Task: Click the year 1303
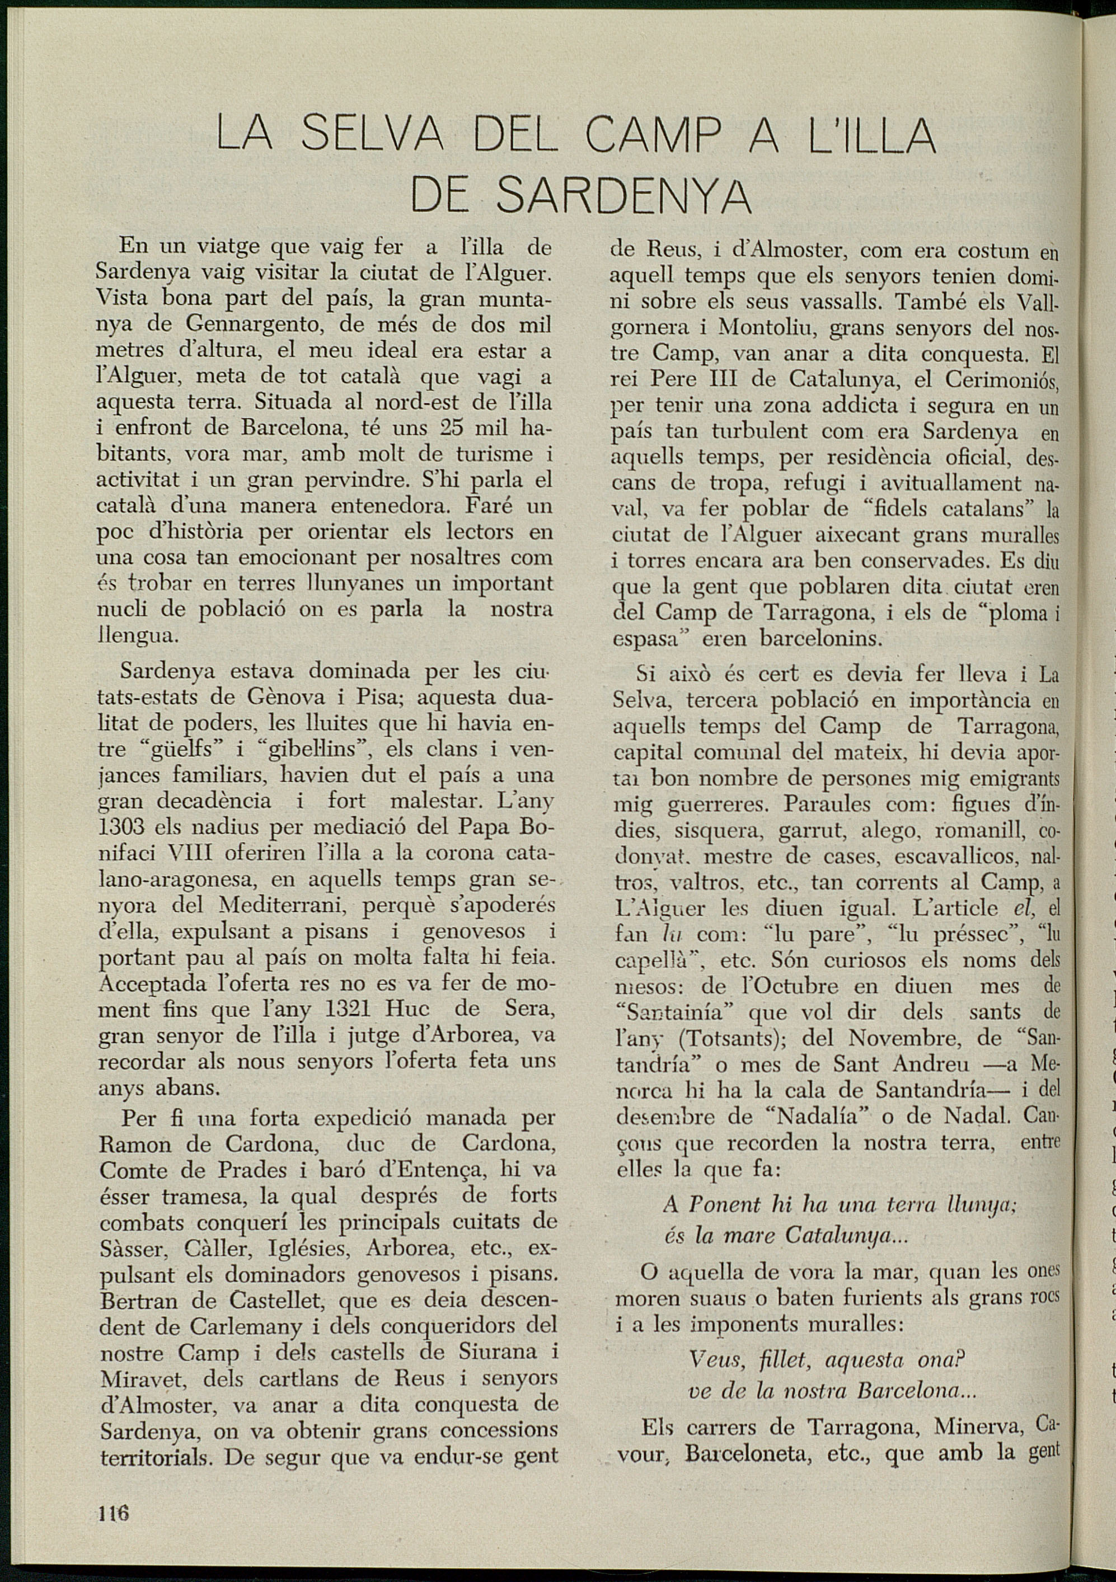point(119,827)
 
